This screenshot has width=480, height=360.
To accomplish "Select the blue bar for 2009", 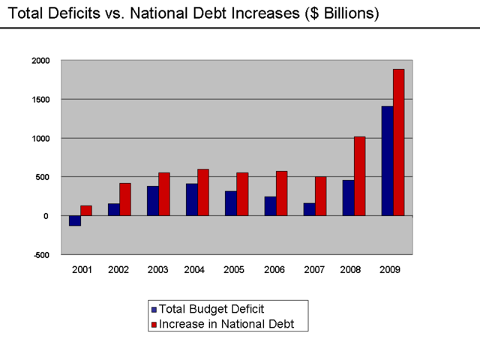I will (x=387, y=161).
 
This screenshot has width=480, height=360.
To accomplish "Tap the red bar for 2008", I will (x=359, y=176).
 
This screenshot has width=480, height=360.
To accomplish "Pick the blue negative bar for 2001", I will (x=75, y=220).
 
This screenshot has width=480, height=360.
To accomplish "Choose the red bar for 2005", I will (x=242, y=194).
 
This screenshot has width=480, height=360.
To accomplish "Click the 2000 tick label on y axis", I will (x=40, y=61).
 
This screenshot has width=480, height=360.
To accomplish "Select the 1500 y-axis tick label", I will (x=40, y=100).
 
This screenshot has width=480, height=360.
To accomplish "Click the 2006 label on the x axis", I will (x=275, y=270).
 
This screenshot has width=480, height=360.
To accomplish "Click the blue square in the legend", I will (x=154, y=309).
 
